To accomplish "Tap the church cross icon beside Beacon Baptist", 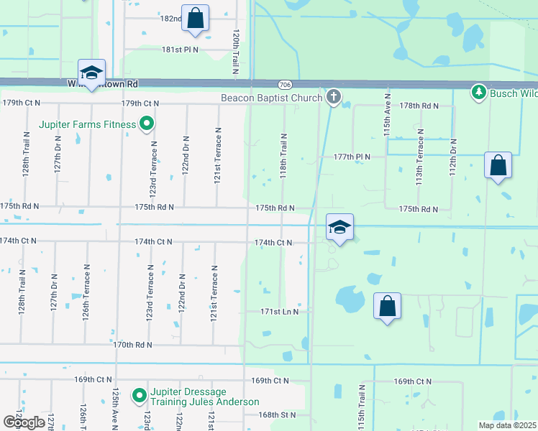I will tap(333, 96).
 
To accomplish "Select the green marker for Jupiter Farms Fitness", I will tap(147, 124).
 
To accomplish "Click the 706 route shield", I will tap(286, 84).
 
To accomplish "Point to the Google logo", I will tap(24, 422).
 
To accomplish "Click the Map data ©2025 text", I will tap(508, 425).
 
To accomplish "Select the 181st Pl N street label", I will tap(180, 50).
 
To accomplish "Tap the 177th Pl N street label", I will tap(352, 157).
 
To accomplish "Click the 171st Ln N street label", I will tap(279, 312).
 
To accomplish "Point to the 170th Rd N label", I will tap(133, 345).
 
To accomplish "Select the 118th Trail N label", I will tap(284, 156).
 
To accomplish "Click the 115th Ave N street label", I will tap(388, 115).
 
